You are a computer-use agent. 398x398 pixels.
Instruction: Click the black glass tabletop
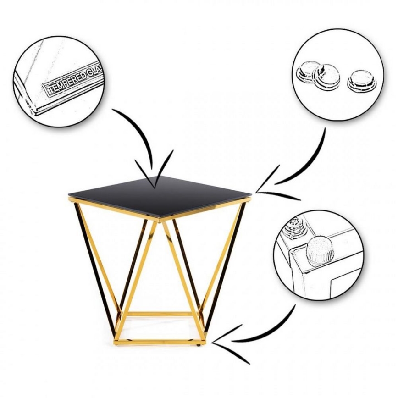[160, 197]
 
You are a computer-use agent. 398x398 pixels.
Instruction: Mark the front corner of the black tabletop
[160, 218]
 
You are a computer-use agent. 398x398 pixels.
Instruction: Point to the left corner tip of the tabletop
[68, 195]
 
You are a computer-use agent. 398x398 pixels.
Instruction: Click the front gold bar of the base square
[160, 341]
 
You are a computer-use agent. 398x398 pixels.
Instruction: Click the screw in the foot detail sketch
[295, 227]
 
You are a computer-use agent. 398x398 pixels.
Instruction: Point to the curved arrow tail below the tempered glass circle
[137, 134]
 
